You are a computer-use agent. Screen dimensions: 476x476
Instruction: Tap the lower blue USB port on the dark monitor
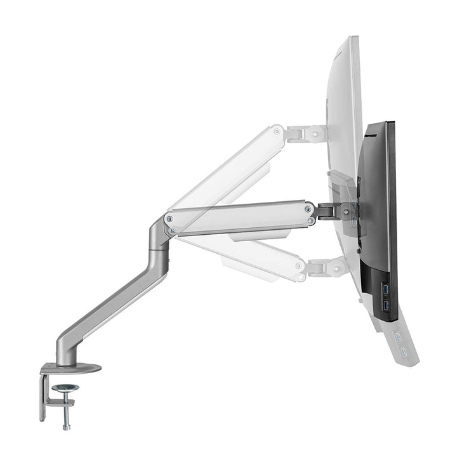385,307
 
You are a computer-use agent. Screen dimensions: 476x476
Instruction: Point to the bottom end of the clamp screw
66,426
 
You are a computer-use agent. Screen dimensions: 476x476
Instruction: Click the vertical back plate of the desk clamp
43,397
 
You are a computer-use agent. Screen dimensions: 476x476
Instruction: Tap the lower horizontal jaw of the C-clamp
59,401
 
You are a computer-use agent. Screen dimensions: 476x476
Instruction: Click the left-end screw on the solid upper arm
169,218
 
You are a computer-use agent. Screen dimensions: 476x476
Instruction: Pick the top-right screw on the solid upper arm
308,208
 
